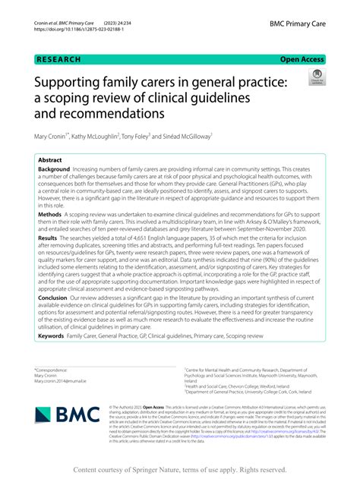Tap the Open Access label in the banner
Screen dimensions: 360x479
click(302, 58)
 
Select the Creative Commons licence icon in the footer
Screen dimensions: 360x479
click(122, 408)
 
